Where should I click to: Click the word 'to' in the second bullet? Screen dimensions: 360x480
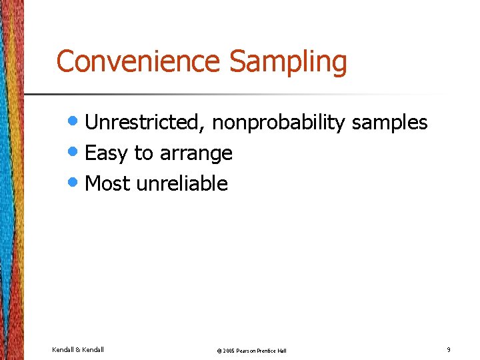[x=143, y=153]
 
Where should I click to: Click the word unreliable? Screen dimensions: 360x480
[x=182, y=183]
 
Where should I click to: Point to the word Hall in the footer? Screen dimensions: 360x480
[x=283, y=351]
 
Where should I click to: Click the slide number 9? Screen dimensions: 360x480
[x=449, y=349]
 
